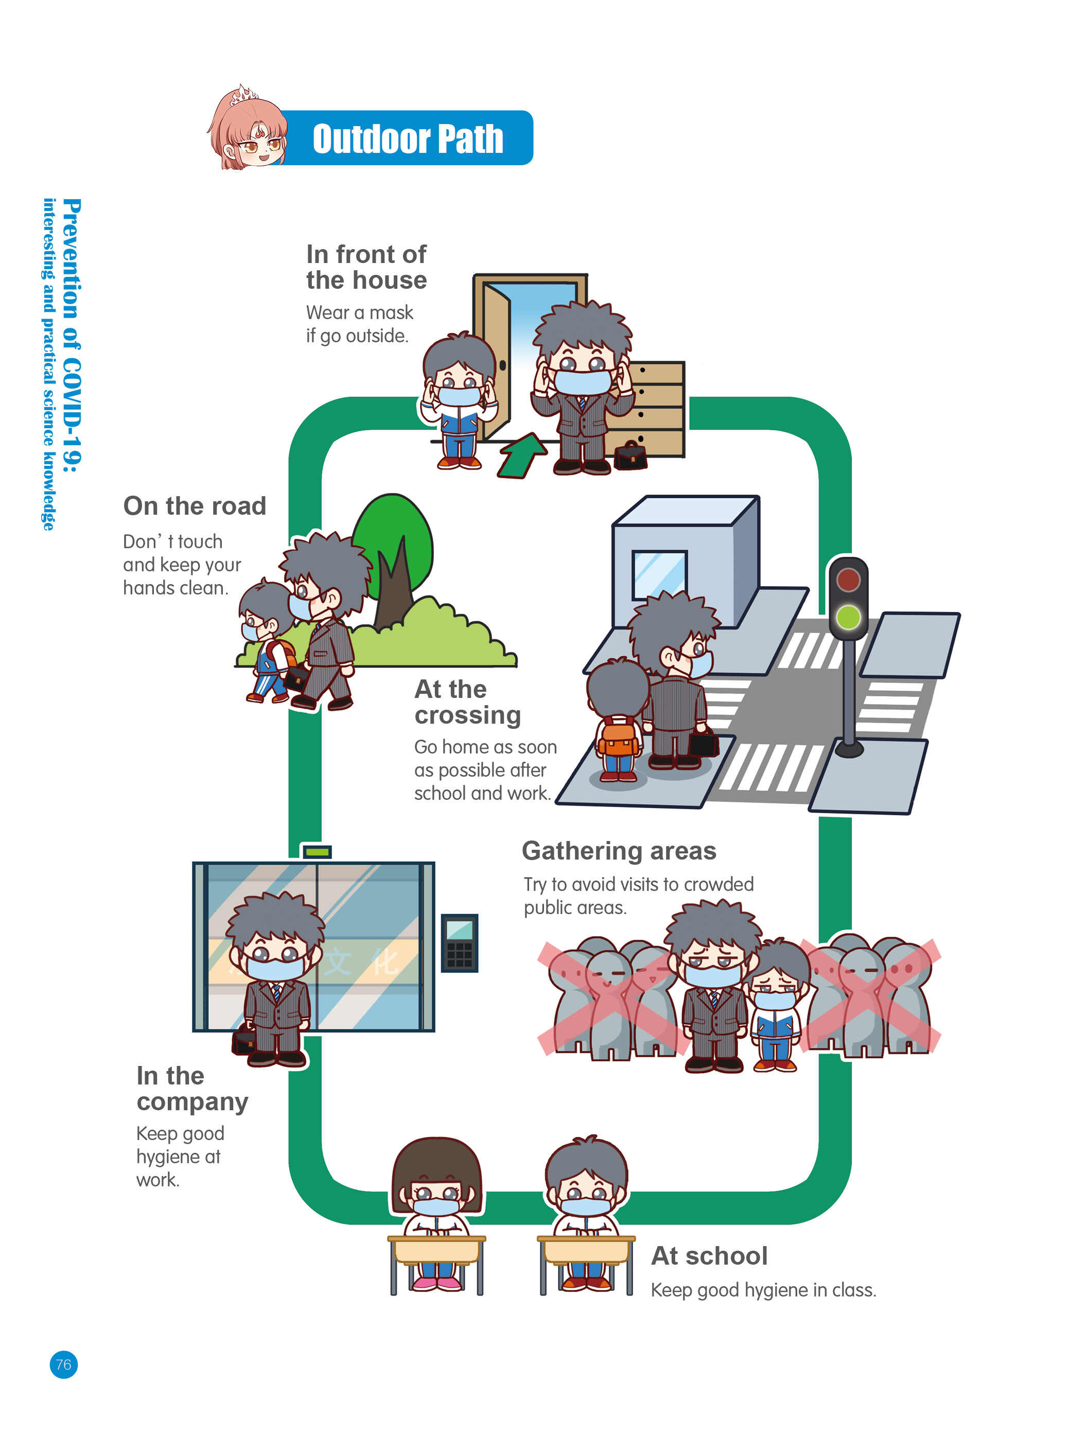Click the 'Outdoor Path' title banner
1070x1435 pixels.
click(407, 138)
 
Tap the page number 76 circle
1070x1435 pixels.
click(63, 1364)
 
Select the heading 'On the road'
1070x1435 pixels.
click(195, 506)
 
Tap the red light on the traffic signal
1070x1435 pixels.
click(848, 579)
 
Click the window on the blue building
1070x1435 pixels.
click(659, 573)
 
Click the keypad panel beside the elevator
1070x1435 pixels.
click(459, 943)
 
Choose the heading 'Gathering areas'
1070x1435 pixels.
click(619, 851)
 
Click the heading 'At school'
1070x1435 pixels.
click(709, 1256)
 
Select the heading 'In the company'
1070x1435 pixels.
click(192, 1089)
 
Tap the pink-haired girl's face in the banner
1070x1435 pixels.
click(253, 139)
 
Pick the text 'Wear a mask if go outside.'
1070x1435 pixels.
click(359, 324)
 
